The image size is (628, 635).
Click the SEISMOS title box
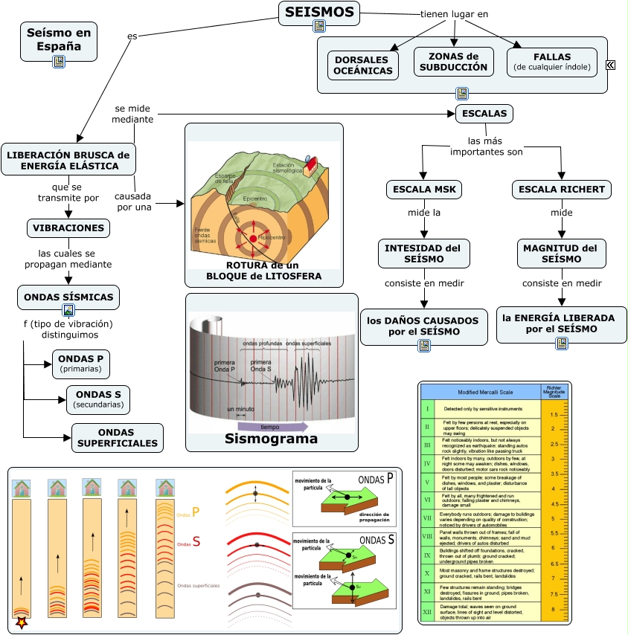click(x=319, y=13)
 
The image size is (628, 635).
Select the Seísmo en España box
click(x=59, y=40)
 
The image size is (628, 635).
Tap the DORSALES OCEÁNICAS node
click(x=362, y=65)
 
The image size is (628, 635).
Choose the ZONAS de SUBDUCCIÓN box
click(x=453, y=62)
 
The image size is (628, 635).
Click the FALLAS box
click(x=552, y=62)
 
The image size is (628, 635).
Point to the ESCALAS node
click(x=484, y=114)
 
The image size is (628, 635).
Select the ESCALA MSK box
click(x=424, y=190)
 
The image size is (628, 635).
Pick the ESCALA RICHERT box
click(x=562, y=190)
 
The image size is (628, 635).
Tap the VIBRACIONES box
click(x=68, y=228)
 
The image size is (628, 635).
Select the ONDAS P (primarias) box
click(x=80, y=362)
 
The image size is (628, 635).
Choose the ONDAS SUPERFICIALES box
click(x=117, y=438)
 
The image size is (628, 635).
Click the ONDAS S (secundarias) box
click(x=98, y=399)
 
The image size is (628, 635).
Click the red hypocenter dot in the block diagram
click(x=253, y=238)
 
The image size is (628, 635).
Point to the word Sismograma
click(x=271, y=439)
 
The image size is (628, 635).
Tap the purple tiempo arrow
click(x=271, y=427)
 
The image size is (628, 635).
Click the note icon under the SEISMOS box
click(x=319, y=26)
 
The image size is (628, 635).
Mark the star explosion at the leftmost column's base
click(x=22, y=622)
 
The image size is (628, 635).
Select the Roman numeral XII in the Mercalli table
click(x=427, y=612)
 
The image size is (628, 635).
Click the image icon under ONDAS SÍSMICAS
click(x=68, y=310)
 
